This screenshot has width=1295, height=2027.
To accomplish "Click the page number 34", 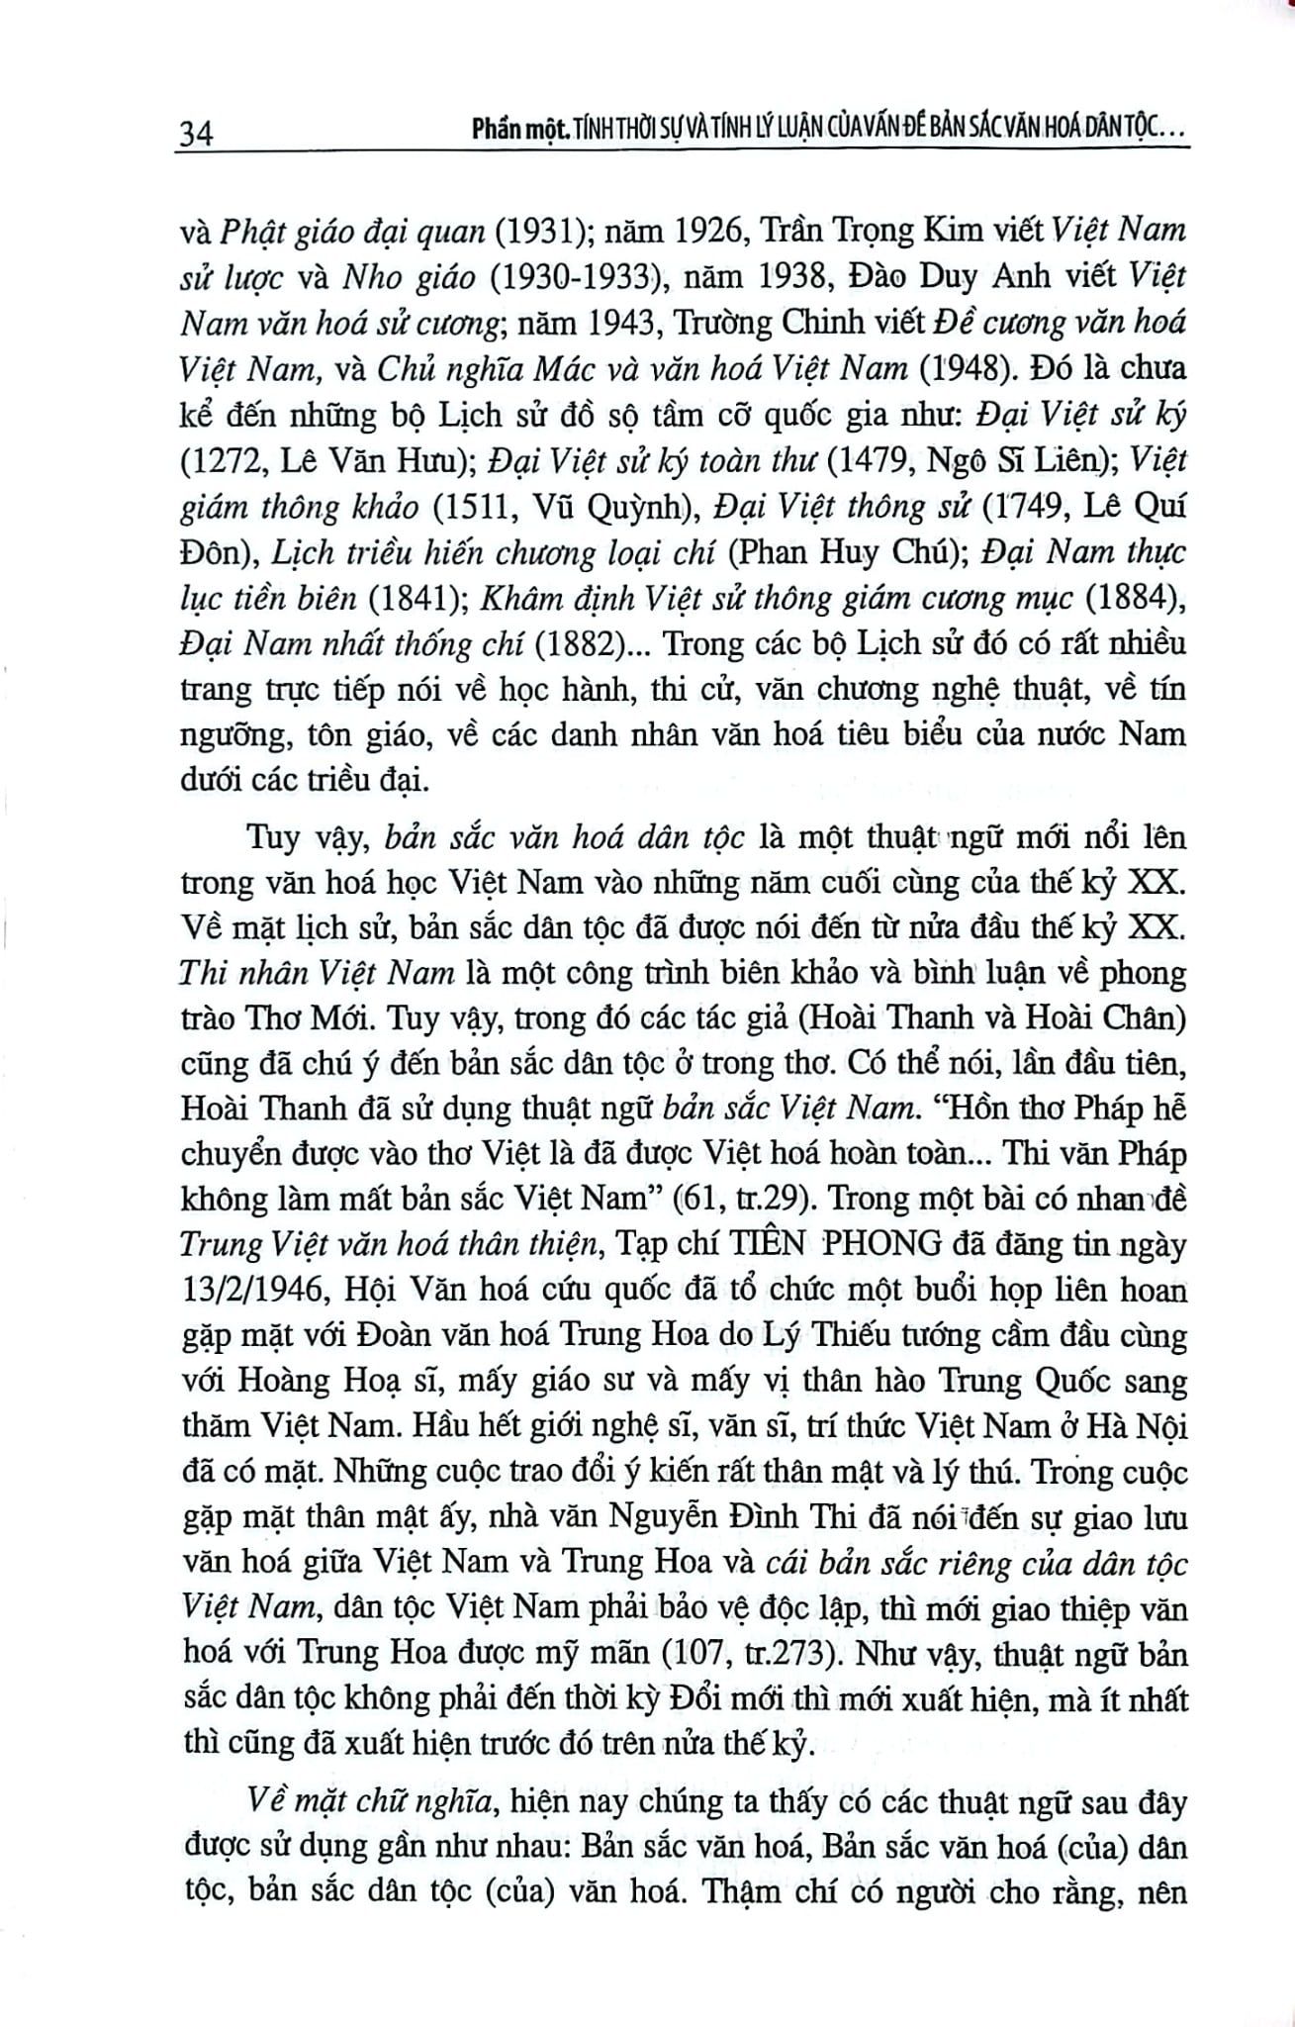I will (195, 131).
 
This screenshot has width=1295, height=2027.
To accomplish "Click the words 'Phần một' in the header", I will (515, 131).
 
